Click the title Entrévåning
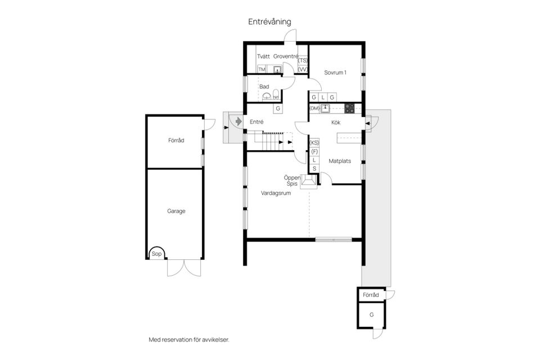tap(270, 22)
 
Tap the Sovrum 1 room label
tap(335, 73)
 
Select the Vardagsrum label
tap(275, 193)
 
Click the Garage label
tap(175, 211)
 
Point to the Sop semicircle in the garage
tap(156, 254)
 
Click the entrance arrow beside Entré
tap(238, 121)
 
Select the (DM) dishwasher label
tap(314, 108)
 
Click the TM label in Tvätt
tap(262, 69)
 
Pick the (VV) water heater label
tap(303, 69)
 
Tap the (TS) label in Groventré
tap(303, 60)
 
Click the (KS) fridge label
tap(314, 143)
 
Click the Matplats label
tap(340, 161)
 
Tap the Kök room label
tap(336, 123)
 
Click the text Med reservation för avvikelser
tap(188, 340)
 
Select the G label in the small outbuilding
tap(371, 315)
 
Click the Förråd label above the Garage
tap(175, 140)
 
